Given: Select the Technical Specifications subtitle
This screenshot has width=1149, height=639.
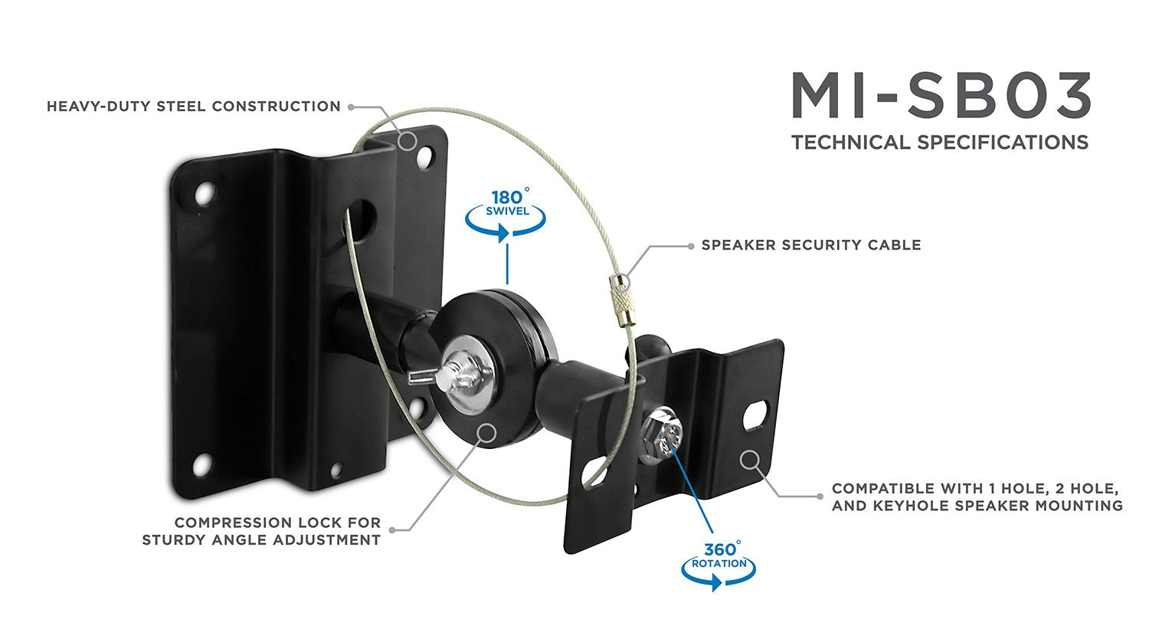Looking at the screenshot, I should pyautogui.click(x=939, y=143).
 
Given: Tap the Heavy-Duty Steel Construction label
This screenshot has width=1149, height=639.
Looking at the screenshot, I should pyautogui.click(x=194, y=106).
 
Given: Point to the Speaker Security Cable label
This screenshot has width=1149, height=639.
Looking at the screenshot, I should pyautogui.click(x=811, y=245).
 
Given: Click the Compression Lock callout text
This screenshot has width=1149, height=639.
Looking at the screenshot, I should pyautogui.click(x=261, y=531).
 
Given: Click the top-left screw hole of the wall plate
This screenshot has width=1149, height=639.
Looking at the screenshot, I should pyautogui.click(x=204, y=195).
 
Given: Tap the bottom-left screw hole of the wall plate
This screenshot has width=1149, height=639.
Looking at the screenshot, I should pyautogui.click(x=201, y=464).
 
